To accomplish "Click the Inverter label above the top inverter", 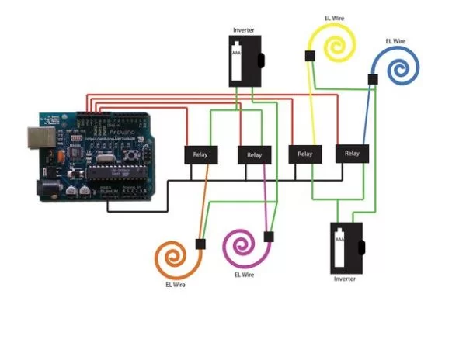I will tap(243, 30).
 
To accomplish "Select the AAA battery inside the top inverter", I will tap(236, 63).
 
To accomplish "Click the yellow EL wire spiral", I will tap(334, 42).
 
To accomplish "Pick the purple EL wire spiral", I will tap(243, 247).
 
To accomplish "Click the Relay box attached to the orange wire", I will tap(200, 154).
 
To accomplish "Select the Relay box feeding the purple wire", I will tap(253, 154).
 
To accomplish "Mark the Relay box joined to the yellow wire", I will tap(304, 154).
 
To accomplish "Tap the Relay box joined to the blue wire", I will tap(352, 153).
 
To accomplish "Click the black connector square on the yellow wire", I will tap(309, 55).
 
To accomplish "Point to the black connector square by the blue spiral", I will tap(373, 79).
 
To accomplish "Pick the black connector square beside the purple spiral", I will tap(270, 236).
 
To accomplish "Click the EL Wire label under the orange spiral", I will tap(176, 285).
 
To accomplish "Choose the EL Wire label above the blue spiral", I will tap(395, 40).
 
